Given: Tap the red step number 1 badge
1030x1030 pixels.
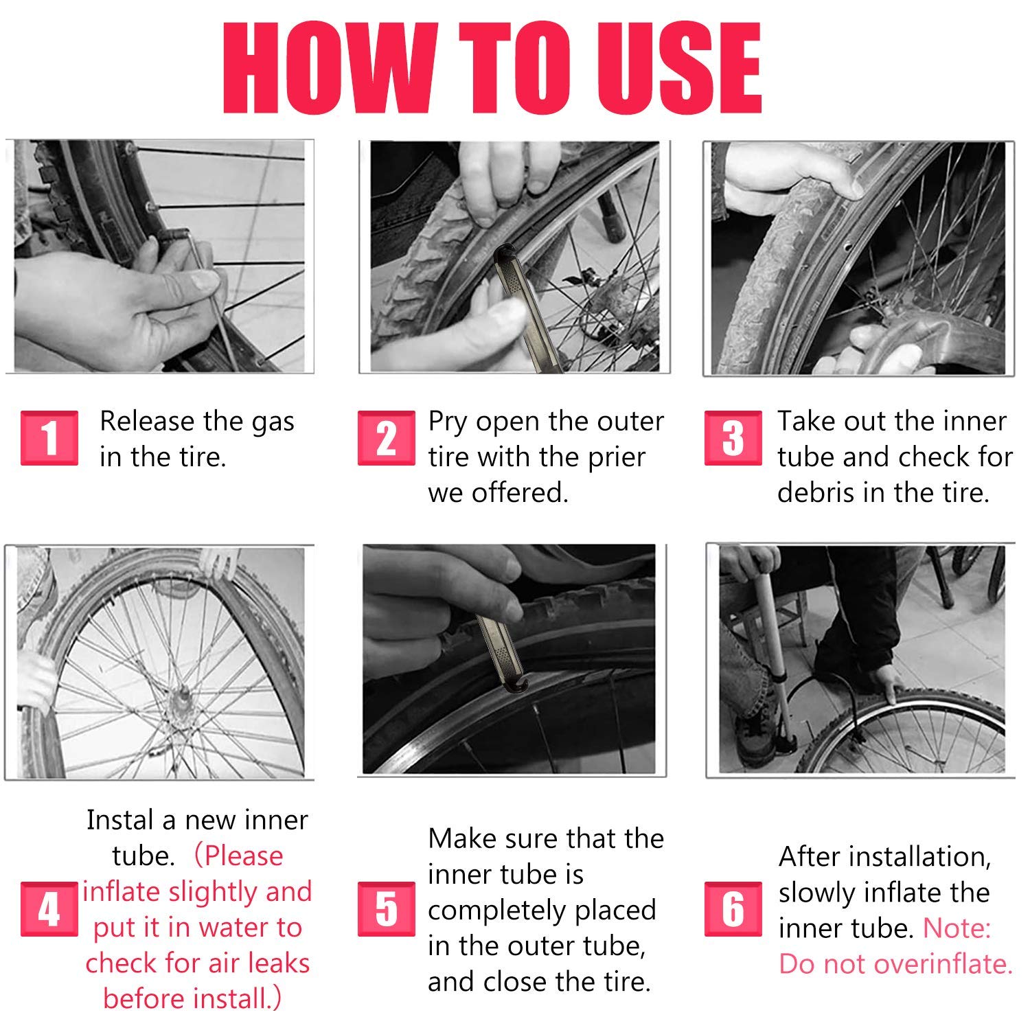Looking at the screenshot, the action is (49, 438).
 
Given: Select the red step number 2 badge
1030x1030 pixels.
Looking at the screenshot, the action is (386, 438).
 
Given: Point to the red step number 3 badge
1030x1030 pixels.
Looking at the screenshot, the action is (733, 438).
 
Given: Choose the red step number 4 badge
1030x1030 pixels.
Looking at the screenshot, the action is (49, 909).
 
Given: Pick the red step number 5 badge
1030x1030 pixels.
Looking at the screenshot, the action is (386, 909).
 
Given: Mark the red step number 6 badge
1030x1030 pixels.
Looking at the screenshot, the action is (733, 909).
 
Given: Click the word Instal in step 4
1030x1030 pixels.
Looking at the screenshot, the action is (120, 820).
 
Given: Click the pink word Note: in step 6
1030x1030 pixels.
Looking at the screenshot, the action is (957, 928).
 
